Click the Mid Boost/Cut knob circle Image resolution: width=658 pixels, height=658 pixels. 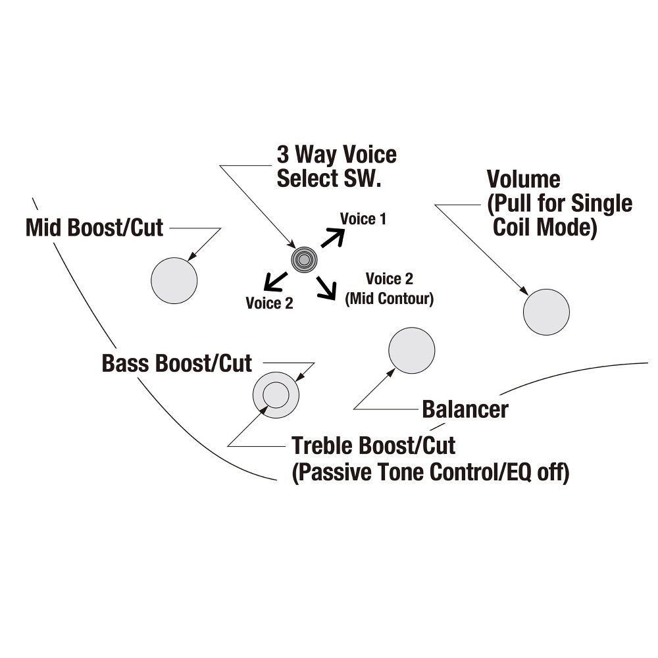coord(174,280)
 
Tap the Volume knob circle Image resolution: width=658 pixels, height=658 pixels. coord(546,312)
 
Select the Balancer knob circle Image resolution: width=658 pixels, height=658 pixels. coord(412,351)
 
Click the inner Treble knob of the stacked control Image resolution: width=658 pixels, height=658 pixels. coord(276,395)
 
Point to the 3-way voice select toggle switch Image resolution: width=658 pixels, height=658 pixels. coord(304,260)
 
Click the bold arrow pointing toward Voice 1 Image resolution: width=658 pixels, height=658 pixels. coord(333,238)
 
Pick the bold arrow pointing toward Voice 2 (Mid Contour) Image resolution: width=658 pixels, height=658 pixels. coord(326,288)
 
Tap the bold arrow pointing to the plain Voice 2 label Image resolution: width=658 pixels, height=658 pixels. coord(275,281)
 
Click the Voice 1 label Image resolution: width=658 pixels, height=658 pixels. coord(363,218)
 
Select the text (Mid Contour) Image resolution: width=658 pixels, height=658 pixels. coord(390,298)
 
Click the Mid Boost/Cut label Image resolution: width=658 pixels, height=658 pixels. coord(94,228)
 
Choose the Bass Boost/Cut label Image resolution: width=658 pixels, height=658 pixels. coord(176,363)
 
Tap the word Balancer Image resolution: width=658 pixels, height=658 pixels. coord(465,409)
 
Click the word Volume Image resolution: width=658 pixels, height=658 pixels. coord(523,179)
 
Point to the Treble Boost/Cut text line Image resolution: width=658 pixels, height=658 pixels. coord(374,445)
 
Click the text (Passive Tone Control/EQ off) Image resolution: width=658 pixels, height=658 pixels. coord(430,472)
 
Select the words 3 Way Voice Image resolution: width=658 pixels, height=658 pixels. coord(336,155)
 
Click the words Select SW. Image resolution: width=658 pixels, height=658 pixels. coord(329,178)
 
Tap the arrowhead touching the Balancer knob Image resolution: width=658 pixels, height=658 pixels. coord(390,373)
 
